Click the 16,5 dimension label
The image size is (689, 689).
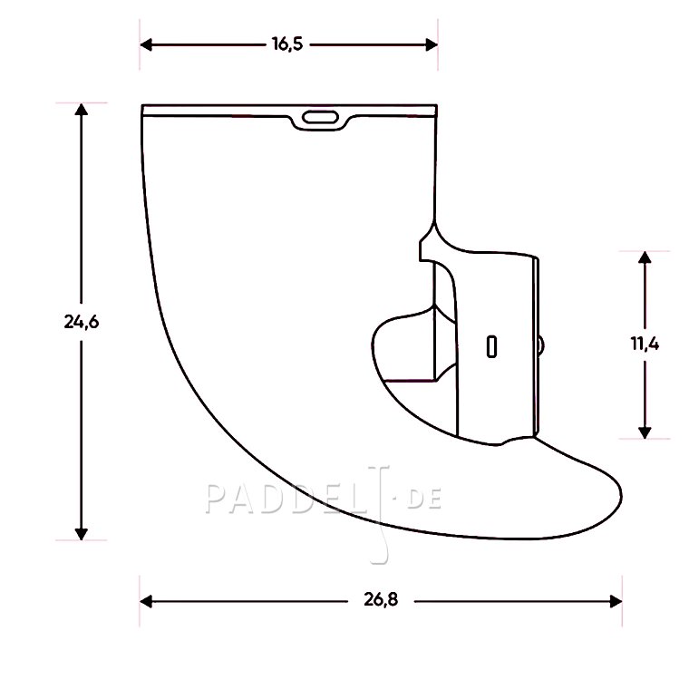[287, 44]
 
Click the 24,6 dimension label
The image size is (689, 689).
[82, 322]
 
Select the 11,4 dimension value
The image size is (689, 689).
[645, 344]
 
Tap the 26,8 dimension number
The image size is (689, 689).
[381, 599]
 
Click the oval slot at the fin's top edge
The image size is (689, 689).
[320, 117]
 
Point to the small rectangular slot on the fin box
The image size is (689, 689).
[491, 346]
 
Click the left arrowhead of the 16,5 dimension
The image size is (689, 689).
[146, 44]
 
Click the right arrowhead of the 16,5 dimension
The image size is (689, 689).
[432, 44]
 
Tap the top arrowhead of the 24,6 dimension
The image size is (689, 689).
[81, 109]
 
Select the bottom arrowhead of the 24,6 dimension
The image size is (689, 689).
[81, 534]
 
